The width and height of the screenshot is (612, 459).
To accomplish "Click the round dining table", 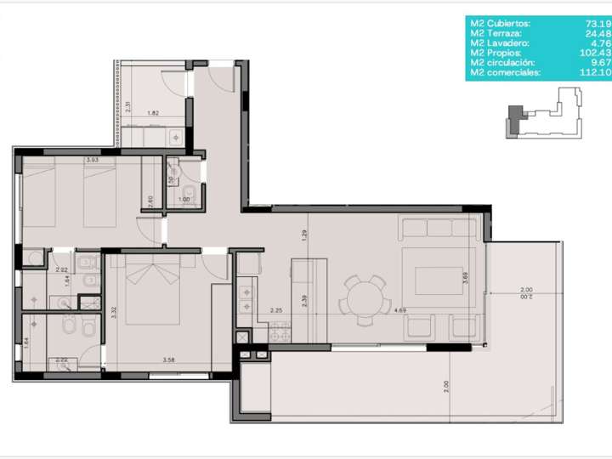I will (365, 299).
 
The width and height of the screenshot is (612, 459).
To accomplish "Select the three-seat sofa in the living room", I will (439, 229).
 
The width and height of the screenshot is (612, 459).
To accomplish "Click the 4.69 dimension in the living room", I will (399, 311).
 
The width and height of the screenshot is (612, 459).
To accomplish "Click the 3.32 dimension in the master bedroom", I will (113, 310).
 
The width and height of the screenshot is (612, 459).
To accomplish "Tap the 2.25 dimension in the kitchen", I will (276, 311).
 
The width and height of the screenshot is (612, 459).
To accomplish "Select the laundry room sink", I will (177, 134).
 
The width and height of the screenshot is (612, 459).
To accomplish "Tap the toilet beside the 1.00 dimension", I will (190, 197).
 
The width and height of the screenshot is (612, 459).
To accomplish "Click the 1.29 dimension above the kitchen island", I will (303, 235).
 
